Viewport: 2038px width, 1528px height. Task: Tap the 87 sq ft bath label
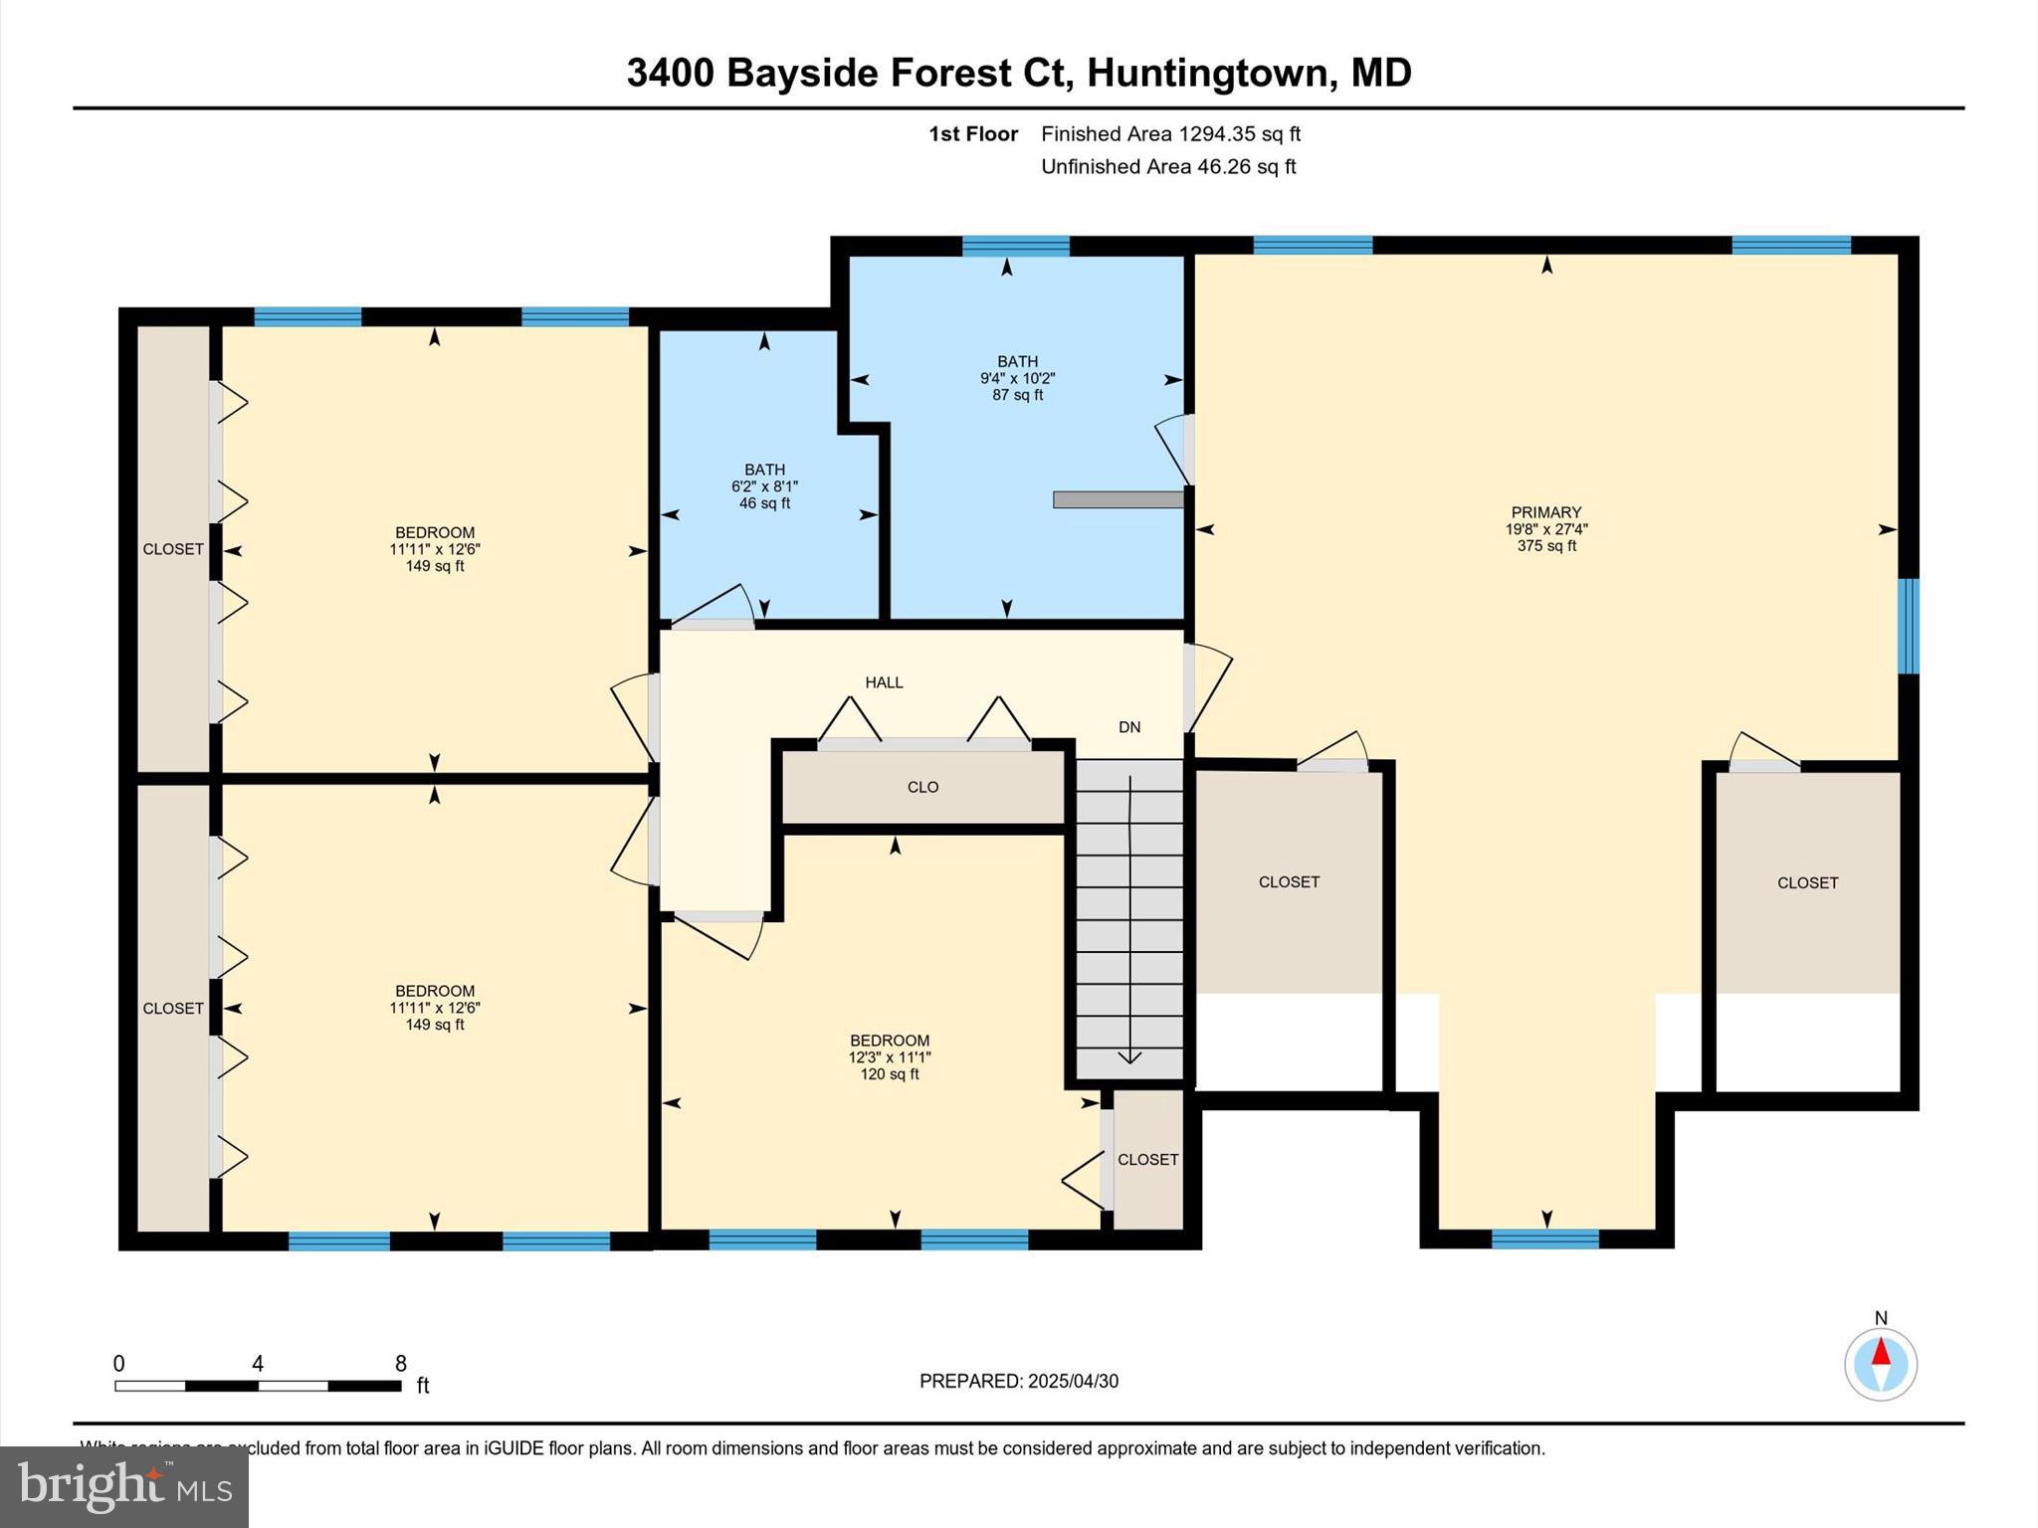pyautogui.click(x=1017, y=378)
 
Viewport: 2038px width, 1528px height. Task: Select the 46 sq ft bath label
pyautogui.click(x=764, y=486)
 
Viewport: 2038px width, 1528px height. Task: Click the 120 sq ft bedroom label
pyautogui.click(x=890, y=1057)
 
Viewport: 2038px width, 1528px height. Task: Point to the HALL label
pyautogui.click(x=884, y=682)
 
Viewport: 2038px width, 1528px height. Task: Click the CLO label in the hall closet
pyautogui.click(x=922, y=787)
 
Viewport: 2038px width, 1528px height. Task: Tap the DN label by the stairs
pyautogui.click(x=1129, y=727)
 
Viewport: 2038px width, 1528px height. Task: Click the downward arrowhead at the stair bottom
pyautogui.click(x=1129, y=1056)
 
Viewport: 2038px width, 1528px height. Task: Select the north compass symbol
pyautogui.click(x=1880, y=1364)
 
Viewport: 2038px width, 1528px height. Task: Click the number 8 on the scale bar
pyautogui.click(x=401, y=1364)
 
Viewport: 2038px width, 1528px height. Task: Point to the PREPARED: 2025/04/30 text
pyautogui.click(x=1018, y=1381)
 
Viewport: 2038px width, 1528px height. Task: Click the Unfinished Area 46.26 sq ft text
pyautogui.click(x=1168, y=166)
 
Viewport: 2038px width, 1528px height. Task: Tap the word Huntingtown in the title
pyautogui.click(x=1207, y=73)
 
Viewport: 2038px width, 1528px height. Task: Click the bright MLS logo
pyautogui.click(x=124, y=1487)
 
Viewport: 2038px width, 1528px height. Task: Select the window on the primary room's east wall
pyautogui.click(x=1908, y=626)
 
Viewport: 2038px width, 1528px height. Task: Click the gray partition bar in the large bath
pyautogui.click(x=1118, y=499)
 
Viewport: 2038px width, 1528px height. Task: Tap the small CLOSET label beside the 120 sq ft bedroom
pyautogui.click(x=1147, y=1160)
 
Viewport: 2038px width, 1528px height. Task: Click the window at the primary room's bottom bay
pyautogui.click(x=1544, y=1239)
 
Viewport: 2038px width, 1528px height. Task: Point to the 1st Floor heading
pyautogui.click(x=972, y=134)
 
